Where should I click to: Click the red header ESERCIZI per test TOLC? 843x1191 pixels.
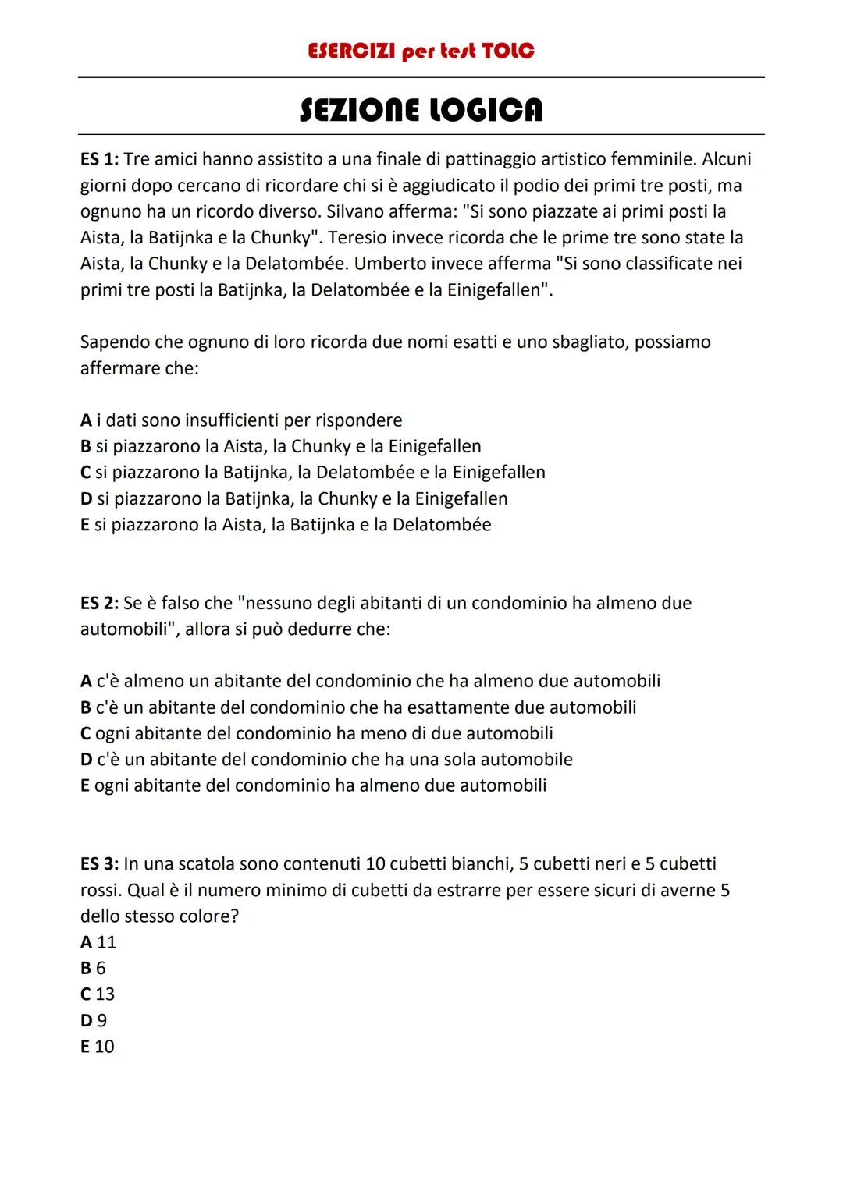(x=421, y=51)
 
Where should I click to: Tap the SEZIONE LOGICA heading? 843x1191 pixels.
(x=421, y=110)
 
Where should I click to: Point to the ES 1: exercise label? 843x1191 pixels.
(x=99, y=160)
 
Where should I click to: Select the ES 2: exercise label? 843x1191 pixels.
(x=99, y=604)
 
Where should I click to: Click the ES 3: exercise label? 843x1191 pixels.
(x=99, y=864)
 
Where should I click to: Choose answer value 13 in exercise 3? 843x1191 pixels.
(x=105, y=994)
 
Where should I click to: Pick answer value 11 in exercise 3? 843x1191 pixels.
(x=106, y=942)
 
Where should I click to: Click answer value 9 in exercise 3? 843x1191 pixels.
(x=101, y=1021)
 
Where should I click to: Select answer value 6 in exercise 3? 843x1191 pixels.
(x=101, y=969)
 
